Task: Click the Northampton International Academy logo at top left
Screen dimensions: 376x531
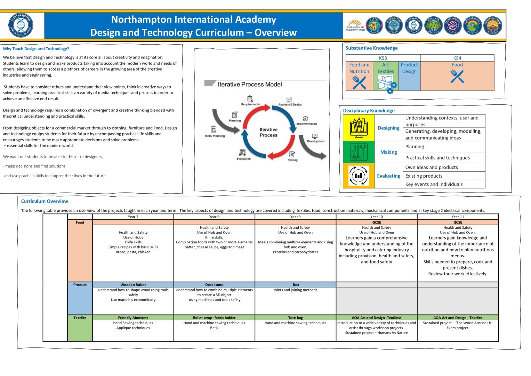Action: [21, 25]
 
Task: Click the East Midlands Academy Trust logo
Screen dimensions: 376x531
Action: [355, 25]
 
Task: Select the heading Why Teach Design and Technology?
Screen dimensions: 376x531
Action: [36, 49]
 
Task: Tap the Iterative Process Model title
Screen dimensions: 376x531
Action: [250, 84]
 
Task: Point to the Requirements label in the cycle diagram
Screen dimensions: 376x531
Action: [250, 104]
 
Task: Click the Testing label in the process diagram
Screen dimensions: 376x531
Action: [292, 160]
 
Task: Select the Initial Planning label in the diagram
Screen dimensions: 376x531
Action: [215, 136]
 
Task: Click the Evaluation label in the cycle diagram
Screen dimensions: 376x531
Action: [243, 158]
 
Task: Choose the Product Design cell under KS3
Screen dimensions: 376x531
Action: [409, 68]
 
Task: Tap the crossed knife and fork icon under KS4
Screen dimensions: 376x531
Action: [457, 76]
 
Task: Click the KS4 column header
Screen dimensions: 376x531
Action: [457, 58]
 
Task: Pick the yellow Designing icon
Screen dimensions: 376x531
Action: [359, 128]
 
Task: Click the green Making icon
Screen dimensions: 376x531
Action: [359, 152]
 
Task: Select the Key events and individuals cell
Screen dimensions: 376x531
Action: [434, 184]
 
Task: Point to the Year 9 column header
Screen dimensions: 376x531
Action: [295, 217]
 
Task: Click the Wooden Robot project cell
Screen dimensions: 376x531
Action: [133, 284]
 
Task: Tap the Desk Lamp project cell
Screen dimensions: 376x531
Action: [214, 284]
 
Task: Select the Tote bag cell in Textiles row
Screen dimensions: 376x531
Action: [295, 318]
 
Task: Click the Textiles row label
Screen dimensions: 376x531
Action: [80, 318]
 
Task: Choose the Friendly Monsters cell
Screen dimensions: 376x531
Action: [133, 318]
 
